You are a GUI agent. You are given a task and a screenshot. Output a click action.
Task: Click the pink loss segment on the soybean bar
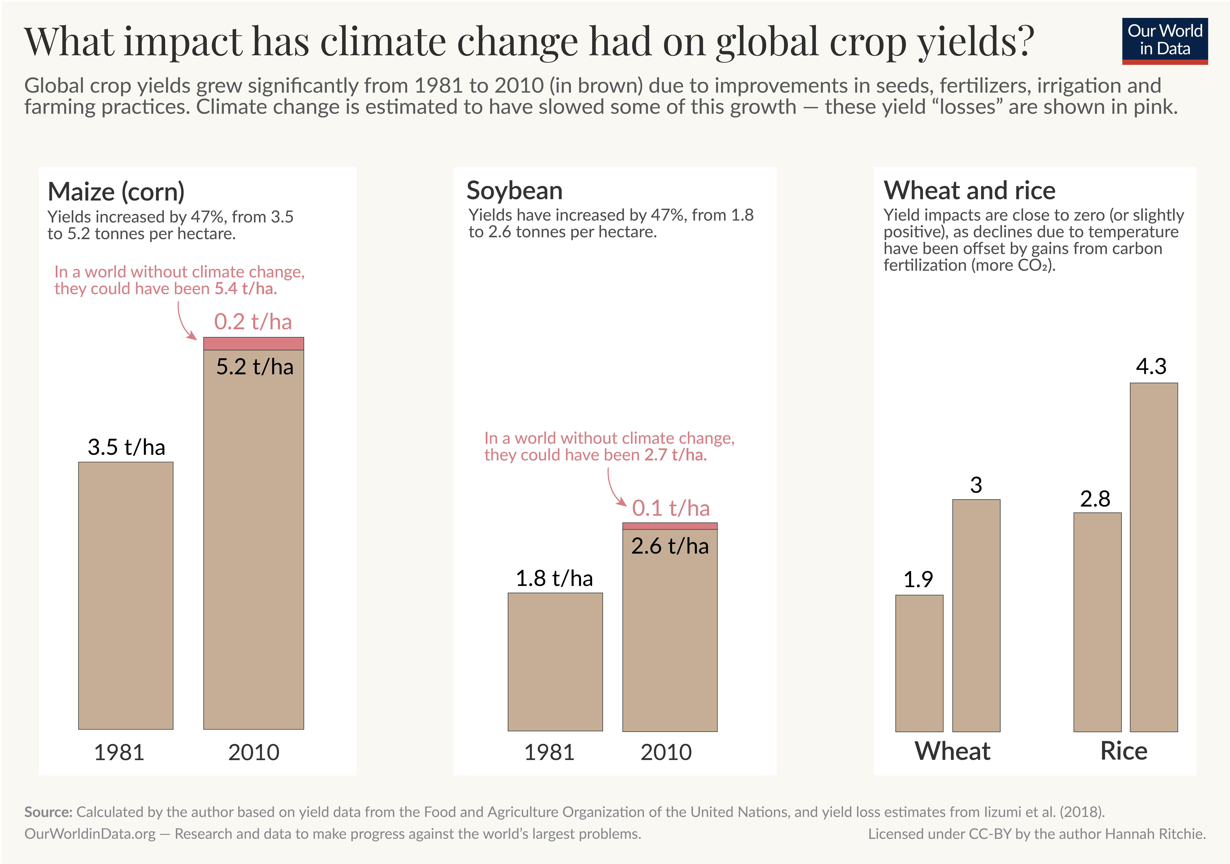pyautogui.click(x=670, y=526)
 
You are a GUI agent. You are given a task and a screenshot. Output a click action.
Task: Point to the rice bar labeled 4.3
pyautogui.click(x=1153, y=557)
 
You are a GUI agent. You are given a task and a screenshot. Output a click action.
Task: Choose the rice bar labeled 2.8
pyautogui.click(x=1097, y=622)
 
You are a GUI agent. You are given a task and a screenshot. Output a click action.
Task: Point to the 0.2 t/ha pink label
pyautogui.click(x=253, y=322)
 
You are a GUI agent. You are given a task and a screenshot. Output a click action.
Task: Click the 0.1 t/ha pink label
pyautogui.click(x=671, y=508)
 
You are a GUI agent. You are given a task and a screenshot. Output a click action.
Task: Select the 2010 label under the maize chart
pyautogui.click(x=253, y=752)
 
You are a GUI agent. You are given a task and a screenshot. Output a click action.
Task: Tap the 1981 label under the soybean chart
pyautogui.click(x=549, y=752)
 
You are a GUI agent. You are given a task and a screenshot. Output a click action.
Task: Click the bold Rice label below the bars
pyautogui.click(x=1123, y=751)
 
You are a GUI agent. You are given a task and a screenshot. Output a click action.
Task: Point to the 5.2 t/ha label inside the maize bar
pyautogui.click(x=254, y=367)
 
